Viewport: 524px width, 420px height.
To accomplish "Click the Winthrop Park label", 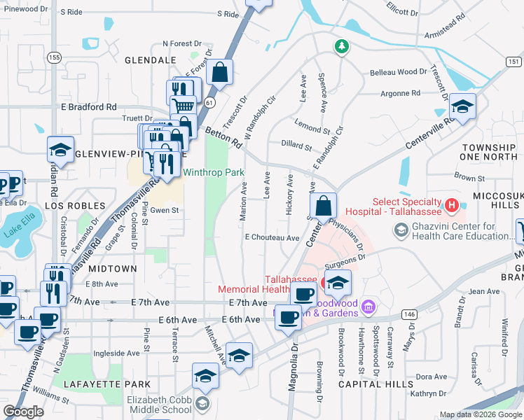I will click(x=214, y=172).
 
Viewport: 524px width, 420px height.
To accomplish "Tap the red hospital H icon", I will click(x=452, y=206).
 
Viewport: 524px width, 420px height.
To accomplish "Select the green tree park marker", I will click(x=342, y=46).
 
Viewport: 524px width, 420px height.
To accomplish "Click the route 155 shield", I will click(x=54, y=57).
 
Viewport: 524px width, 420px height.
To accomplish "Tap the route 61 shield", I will click(x=209, y=102).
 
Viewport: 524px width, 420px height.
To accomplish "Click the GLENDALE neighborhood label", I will click(x=149, y=61).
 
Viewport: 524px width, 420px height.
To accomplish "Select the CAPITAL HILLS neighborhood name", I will click(x=375, y=384).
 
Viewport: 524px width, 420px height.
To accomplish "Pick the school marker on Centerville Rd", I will click(x=462, y=106).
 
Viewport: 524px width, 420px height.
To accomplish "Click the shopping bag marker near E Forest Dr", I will click(x=219, y=72).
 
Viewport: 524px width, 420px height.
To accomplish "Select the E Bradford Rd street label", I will click(x=88, y=107).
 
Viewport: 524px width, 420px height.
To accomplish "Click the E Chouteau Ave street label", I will click(x=272, y=238).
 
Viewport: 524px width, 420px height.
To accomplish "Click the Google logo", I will click(x=23, y=412).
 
